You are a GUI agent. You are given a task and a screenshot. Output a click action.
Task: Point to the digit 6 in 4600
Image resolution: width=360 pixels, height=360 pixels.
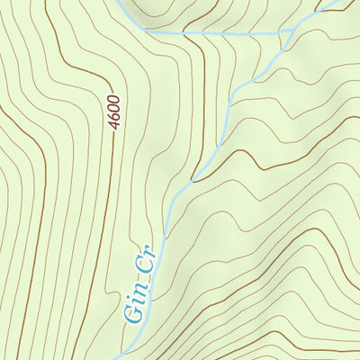(115, 116)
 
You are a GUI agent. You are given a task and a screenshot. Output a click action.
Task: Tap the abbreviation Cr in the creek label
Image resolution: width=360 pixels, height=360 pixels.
(142, 259)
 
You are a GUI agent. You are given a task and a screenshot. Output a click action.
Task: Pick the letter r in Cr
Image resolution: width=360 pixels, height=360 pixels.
(144, 251)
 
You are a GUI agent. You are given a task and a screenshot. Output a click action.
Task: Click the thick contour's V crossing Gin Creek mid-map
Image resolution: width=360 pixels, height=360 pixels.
(192, 180)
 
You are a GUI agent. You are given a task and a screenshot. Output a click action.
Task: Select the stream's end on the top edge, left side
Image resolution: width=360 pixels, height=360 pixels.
(122, 1)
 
